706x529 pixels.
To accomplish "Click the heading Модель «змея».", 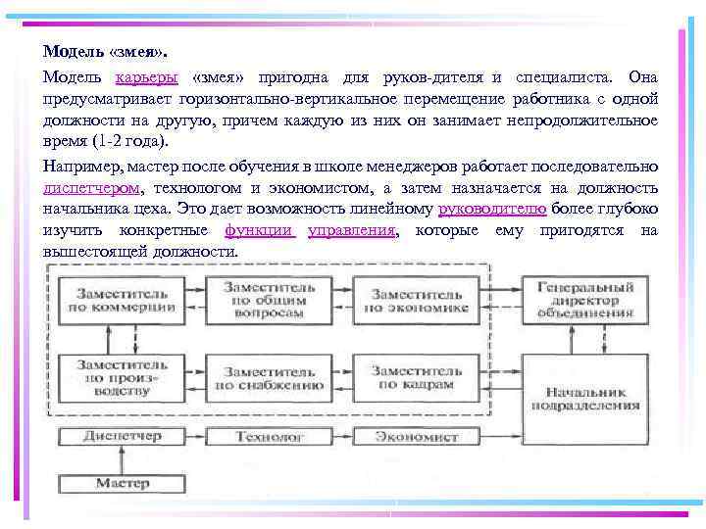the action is [x=97, y=50].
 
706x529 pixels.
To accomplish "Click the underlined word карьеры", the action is [x=146, y=76].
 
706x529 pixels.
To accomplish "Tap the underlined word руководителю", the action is [x=491, y=210].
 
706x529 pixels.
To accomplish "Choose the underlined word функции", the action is [x=259, y=231].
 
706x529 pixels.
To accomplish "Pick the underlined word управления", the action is [x=352, y=231].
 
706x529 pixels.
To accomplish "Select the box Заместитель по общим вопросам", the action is [x=267, y=298].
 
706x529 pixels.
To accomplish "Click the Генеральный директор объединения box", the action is [x=585, y=298].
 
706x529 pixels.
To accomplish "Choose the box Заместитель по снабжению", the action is [x=267, y=377].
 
